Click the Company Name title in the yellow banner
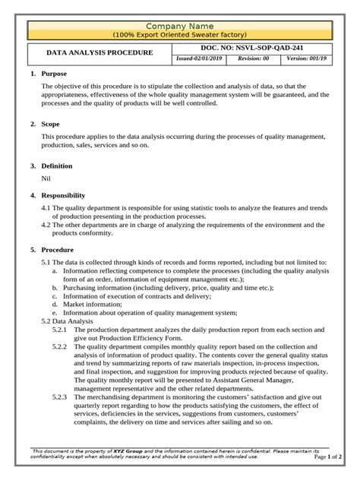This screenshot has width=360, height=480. (180, 26)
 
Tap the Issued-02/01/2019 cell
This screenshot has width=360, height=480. (200, 58)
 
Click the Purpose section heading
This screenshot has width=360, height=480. (54, 74)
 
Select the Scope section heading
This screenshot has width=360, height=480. (52, 122)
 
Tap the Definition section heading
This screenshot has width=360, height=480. (58, 165)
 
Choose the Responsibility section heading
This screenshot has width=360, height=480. (65, 195)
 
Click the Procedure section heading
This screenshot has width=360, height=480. (58, 249)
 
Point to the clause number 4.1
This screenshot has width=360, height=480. (46, 207)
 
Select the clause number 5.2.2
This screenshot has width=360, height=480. (60, 346)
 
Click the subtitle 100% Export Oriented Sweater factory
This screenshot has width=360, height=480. (180, 35)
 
